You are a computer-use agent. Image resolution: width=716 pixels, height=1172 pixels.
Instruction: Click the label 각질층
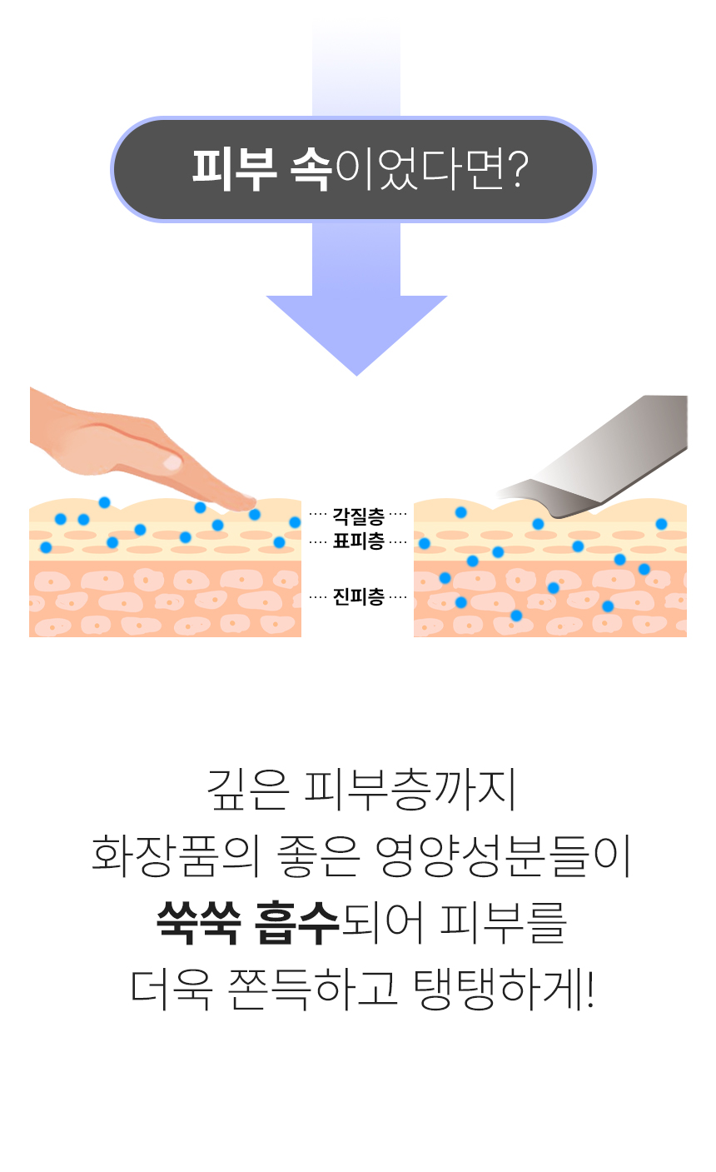(x=358, y=516)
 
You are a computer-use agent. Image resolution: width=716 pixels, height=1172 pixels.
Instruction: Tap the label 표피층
(x=358, y=541)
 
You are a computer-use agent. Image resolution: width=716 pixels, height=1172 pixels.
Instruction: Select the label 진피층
(x=358, y=596)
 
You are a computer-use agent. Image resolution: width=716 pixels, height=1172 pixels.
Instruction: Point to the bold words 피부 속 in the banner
(x=261, y=169)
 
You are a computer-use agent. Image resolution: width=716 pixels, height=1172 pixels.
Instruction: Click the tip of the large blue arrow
(x=356, y=375)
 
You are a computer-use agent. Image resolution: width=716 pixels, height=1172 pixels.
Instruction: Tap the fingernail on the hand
(x=172, y=462)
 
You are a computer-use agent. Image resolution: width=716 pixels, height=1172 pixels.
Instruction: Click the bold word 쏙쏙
(x=199, y=922)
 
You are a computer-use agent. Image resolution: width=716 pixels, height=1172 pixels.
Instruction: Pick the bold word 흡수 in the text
(x=297, y=922)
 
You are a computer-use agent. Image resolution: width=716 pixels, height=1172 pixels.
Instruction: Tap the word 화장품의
(x=177, y=856)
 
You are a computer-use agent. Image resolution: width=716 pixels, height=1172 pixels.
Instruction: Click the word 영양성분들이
(x=503, y=856)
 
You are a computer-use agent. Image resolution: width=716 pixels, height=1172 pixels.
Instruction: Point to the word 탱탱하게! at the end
(x=505, y=989)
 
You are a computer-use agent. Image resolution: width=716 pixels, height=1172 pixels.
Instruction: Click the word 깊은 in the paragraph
(x=248, y=790)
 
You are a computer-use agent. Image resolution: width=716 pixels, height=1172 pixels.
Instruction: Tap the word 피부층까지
(x=410, y=790)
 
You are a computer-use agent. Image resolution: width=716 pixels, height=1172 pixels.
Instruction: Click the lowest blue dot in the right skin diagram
(x=516, y=616)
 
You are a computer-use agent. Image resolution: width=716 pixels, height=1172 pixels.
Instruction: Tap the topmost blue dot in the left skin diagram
(x=105, y=502)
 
